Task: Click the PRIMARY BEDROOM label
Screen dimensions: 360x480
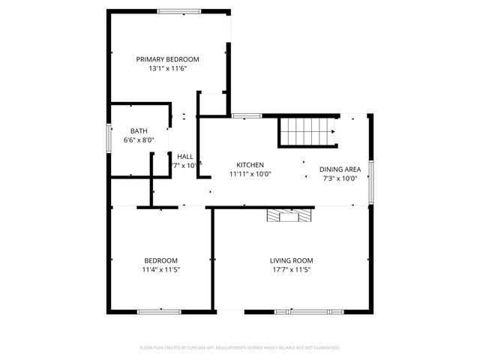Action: (x=167, y=59)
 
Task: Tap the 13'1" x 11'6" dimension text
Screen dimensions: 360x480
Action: (x=167, y=68)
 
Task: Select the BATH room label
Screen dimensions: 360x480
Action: (x=139, y=130)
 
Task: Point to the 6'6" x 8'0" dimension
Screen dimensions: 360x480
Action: (x=139, y=139)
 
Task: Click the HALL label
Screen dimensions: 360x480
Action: (x=185, y=156)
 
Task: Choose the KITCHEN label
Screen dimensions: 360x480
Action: (x=250, y=165)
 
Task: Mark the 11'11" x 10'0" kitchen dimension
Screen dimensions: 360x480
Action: (x=250, y=174)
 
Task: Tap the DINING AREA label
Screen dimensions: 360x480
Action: (x=340, y=169)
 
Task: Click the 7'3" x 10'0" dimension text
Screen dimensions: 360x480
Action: (x=340, y=178)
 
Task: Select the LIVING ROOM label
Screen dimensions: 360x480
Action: (x=291, y=260)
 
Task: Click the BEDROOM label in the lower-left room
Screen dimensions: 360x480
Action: (x=161, y=260)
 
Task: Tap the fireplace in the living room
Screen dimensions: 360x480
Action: (x=288, y=216)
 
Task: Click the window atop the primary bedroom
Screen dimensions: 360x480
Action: (x=178, y=10)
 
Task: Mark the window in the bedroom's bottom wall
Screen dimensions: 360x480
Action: (x=159, y=310)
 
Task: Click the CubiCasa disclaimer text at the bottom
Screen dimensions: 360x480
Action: (x=240, y=347)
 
